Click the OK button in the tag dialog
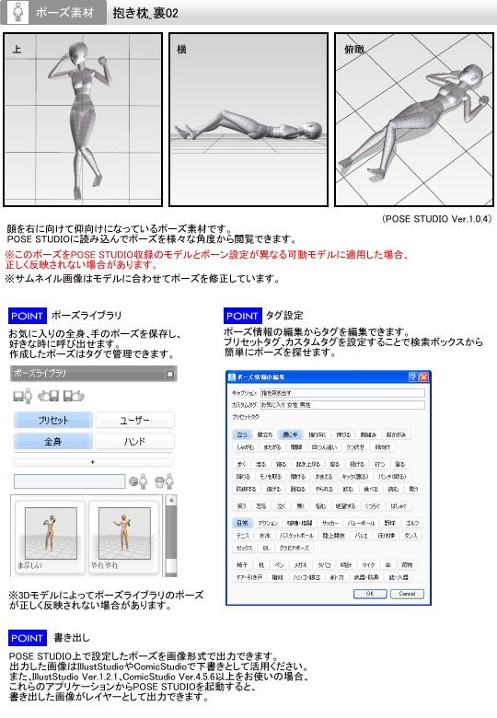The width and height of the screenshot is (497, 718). pyautogui.click(x=370, y=594)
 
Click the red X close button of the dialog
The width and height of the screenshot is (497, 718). pyautogui.click(x=424, y=376)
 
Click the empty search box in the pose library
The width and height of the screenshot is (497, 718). pyautogui.click(x=68, y=481)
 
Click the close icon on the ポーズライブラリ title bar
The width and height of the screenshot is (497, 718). pyautogui.click(x=169, y=374)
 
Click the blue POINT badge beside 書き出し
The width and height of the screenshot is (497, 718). pyautogui.click(x=28, y=637)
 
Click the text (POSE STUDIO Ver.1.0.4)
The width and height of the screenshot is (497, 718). pyautogui.click(x=437, y=219)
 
